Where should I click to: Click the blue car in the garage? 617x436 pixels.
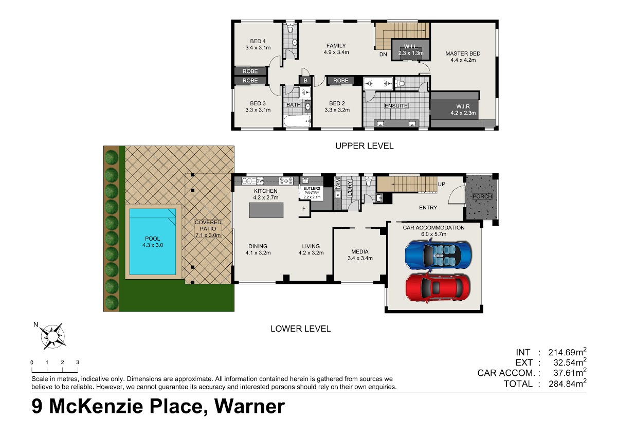click(438, 255)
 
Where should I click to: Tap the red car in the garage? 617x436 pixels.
click(438, 288)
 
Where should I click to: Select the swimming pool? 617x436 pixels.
click(153, 242)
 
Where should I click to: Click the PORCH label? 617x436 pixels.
click(482, 196)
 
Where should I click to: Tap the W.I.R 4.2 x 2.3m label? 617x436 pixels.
click(463, 110)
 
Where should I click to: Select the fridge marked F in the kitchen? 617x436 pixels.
click(304, 209)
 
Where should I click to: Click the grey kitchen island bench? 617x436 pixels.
click(266, 210)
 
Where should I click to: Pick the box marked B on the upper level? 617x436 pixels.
click(305, 80)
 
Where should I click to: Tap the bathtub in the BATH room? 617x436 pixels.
click(297, 121)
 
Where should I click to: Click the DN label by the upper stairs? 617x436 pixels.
click(383, 55)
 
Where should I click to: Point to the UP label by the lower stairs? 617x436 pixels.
click(441, 184)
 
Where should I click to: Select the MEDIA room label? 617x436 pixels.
click(360, 255)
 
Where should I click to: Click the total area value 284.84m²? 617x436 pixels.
click(567, 383)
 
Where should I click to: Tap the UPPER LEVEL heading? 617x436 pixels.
click(364, 146)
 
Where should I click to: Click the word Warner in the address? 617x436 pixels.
click(249, 407)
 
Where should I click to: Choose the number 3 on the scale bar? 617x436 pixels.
click(78, 362)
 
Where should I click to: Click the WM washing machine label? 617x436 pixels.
click(338, 183)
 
